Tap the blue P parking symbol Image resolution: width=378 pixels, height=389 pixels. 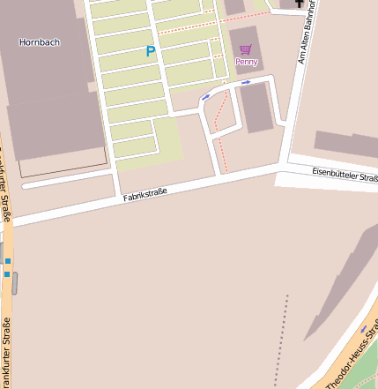[x=150, y=52]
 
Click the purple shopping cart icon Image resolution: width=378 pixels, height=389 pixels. [x=245, y=50]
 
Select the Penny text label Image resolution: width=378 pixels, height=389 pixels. [x=246, y=63]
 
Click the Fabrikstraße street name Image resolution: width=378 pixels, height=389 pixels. [x=145, y=195]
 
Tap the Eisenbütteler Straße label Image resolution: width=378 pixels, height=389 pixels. [x=345, y=175]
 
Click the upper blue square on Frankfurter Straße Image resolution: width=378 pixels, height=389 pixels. [x=7, y=261]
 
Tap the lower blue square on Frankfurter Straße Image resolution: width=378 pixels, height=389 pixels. [x=7, y=274]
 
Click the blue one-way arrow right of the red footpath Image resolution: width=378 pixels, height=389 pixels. [x=246, y=82]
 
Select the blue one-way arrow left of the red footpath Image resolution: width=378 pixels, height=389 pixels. [x=205, y=97]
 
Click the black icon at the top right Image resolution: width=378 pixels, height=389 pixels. [x=298, y=4]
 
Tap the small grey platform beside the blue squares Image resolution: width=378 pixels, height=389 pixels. [x=15, y=282]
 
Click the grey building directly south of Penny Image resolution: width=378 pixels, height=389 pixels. [x=256, y=107]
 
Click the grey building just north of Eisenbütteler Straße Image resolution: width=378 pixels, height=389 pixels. [x=345, y=145]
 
